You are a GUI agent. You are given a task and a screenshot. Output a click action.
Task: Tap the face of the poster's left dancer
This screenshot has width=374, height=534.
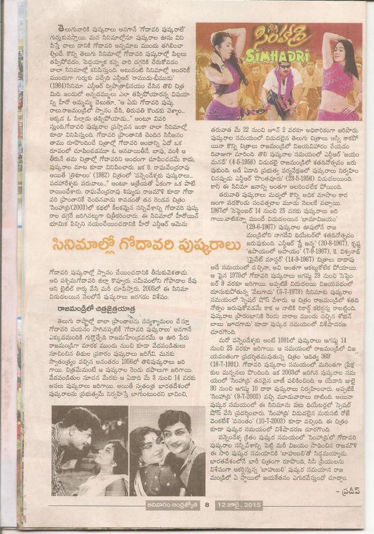[224, 44]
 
